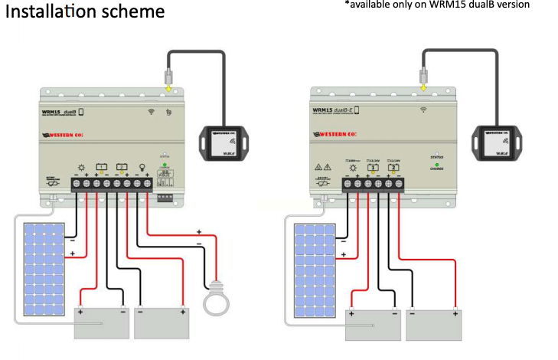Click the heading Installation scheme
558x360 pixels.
point(85,13)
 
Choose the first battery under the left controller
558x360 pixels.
point(101,322)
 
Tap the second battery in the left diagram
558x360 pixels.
point(161,322)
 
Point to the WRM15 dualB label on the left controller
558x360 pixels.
point(64,111)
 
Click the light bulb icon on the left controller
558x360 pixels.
point(139,167)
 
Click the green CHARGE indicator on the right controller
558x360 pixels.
point(436,166)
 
